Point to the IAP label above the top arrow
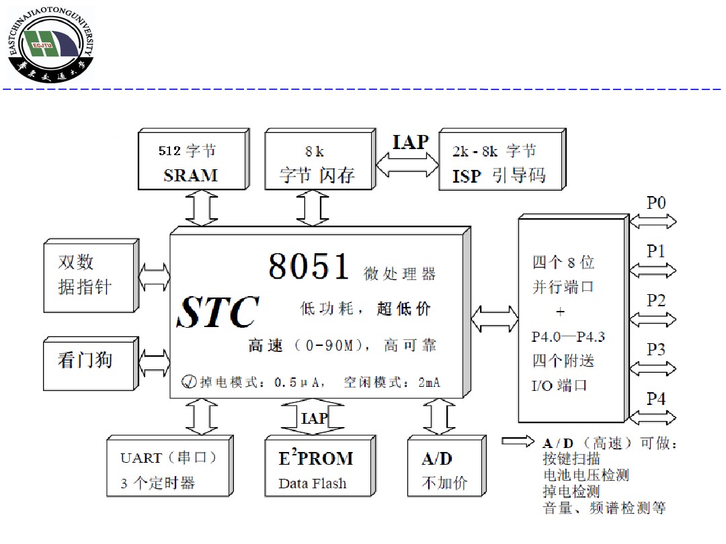410,142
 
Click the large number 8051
309,267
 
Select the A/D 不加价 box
445,469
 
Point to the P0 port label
656,201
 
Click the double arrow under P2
653,319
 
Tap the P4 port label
656,398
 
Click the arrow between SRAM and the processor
202,208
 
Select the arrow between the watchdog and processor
155,363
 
